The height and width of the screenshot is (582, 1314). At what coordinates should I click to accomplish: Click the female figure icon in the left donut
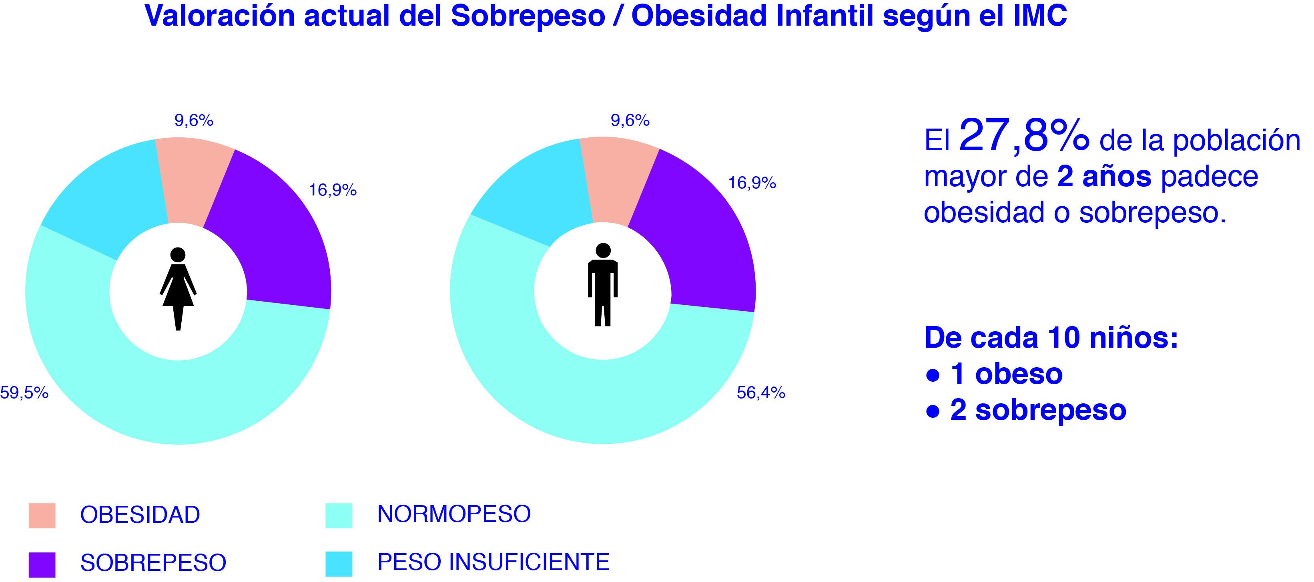click(178, 288)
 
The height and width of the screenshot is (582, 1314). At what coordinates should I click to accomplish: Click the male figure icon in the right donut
click(602, 284)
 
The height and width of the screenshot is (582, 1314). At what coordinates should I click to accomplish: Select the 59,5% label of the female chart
click(24, 393)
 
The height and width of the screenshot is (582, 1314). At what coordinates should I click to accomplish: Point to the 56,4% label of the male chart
click(760, 393)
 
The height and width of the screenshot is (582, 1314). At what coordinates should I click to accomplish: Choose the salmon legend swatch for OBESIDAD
click(42, 515)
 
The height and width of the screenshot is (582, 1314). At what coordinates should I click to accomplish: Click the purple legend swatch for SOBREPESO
click(42, 564)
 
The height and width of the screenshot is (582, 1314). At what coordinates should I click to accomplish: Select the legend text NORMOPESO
click(454, 514)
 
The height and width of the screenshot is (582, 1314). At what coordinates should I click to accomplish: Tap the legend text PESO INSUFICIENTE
click(493, 562)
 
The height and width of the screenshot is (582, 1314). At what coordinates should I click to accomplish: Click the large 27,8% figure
click(1024, 135)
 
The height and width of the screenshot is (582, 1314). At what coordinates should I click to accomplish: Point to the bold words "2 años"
click(1104, 177)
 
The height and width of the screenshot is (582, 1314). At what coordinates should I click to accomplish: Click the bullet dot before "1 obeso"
click(933, 375)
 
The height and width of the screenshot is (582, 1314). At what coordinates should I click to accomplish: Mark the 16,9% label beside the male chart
click(752, 183)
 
